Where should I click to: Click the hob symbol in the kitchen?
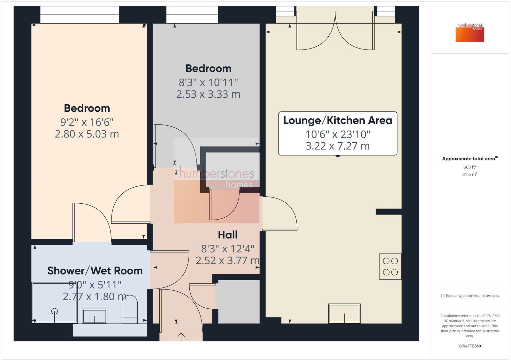coord(390,266)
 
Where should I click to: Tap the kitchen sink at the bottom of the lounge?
coord(344,313)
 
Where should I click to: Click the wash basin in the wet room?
coord(94,316)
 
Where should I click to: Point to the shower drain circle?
coord(55,311)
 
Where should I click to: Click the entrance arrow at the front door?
coord(181,337)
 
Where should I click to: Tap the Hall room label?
coord(227,235)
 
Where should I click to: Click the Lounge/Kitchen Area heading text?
coord(338,120)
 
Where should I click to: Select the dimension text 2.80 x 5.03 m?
coord(87,134)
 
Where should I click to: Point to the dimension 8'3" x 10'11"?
coord(208,82)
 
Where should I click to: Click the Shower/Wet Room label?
coord(95,271)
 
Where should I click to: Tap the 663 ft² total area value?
coord(470,167)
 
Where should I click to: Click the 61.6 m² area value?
coord(470,174)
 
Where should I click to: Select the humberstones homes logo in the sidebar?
coord(470,32)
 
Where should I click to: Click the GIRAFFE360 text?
coord(470,346)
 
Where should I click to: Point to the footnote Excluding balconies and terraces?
coord(470,296)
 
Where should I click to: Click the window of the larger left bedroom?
coord(80,15)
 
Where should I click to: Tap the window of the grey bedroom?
coord(192,15)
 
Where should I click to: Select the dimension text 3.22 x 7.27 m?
coord(338,146)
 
